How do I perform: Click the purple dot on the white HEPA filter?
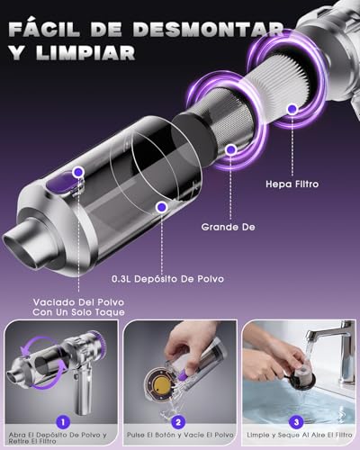point(291,110)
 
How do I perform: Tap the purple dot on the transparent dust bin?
point(161,207)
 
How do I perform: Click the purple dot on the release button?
point(79,170)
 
